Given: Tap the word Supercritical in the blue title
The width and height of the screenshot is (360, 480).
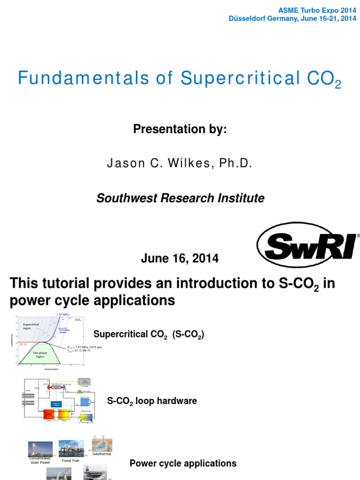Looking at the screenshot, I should (x=240, y=78).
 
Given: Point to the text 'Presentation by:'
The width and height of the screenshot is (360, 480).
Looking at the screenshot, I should (x=180, y=129).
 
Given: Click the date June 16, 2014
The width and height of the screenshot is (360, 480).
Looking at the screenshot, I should (x=180, y=258).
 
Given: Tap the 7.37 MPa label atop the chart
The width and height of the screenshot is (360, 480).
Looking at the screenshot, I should (x=63, y=314).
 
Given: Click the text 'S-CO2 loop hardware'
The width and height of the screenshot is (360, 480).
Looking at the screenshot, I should (x=152, y=401).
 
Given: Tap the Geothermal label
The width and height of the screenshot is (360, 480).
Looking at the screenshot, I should (x=102, y=454).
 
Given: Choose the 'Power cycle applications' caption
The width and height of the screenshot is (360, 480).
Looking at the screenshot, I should (x=183, y=464).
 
